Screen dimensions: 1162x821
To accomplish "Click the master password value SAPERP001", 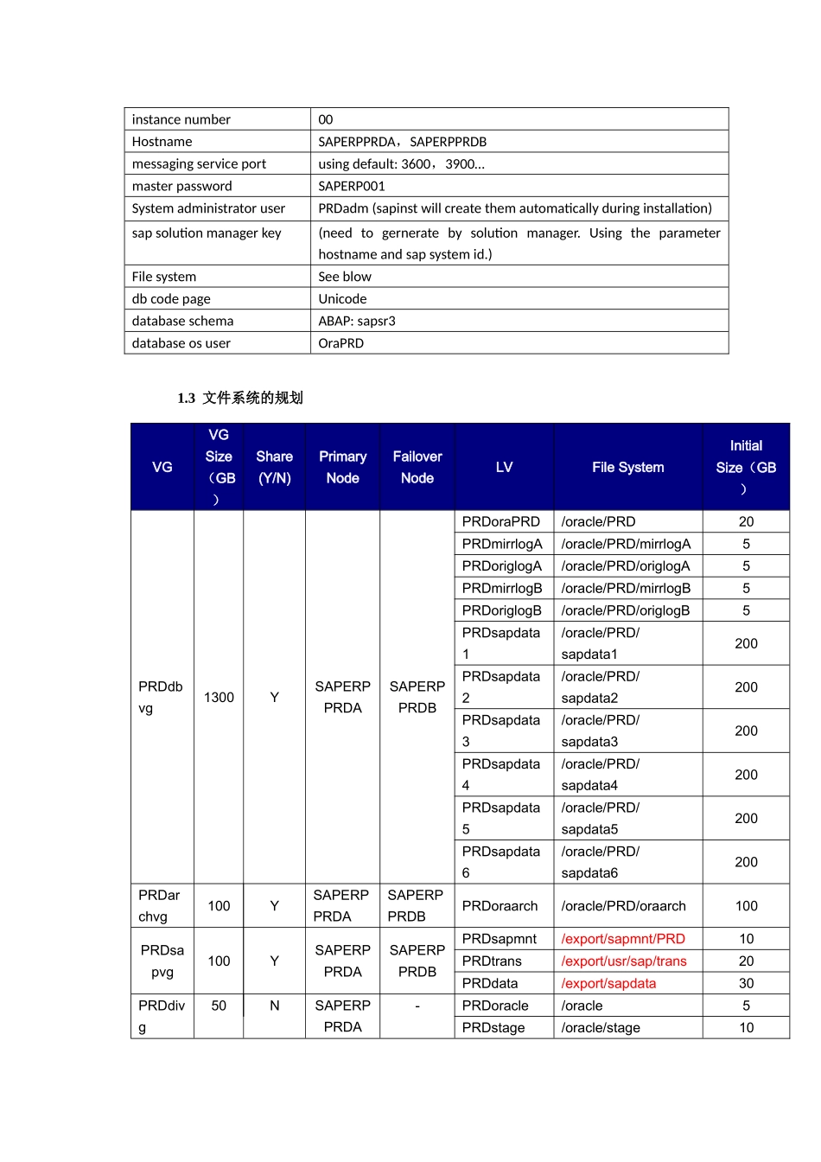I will click(x=351, y=186).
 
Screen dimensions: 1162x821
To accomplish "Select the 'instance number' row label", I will click(x=181, y=119).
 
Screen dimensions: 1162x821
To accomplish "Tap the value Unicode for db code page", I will click(x=342, y=299).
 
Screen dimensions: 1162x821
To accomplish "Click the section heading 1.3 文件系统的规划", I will click(x=240, y=398).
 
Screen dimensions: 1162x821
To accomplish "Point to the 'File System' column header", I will click(x=627, y=467).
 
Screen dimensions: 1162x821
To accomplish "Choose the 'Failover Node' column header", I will click(x=417, y=467).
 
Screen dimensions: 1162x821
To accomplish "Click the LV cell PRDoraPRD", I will click(x=500, y=521).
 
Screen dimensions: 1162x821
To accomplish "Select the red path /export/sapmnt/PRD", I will click(x=622, y=939).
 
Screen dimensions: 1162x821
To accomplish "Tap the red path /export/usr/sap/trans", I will click(x=623, y=961).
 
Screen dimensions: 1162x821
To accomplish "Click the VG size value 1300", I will click(x=219, y=697).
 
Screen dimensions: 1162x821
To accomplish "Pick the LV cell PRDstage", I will click(x=493, y=1028).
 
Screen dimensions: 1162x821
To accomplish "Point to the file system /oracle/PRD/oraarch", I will click(x=623, y=906).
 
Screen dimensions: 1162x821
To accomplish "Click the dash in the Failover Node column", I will click(x=417, y=1006).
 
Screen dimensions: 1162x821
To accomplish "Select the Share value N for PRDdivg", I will click(x=274, y=1006).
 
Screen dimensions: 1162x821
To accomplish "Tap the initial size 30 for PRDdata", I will click(x=746, y=984).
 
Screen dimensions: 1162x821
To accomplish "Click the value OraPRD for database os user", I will click(x=340, y=343).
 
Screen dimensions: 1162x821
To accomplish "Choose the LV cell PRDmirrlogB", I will click(x=501, y=588).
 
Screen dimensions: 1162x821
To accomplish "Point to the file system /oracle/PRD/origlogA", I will click(x=625, y=566).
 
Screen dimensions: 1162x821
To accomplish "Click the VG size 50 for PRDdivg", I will click(x=219, y=1006).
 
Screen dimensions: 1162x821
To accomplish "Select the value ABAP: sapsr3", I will click(x=356, y=321).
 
